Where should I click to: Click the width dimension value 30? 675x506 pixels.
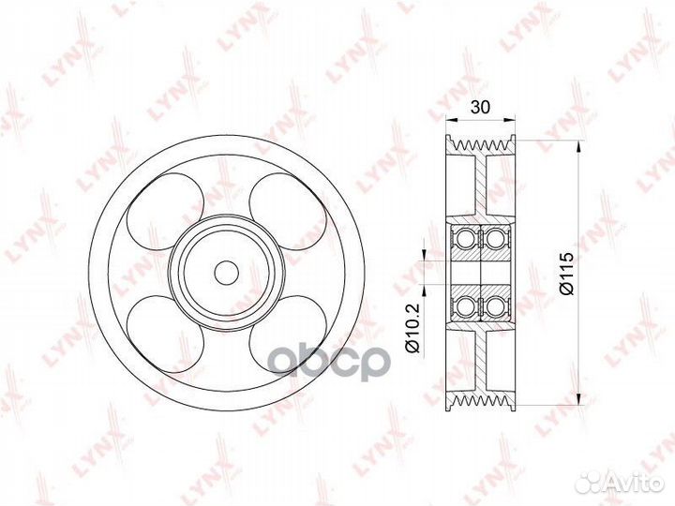coord(481,108)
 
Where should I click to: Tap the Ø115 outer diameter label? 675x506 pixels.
coord(565,272)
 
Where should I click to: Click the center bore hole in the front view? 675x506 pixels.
coord(226,272)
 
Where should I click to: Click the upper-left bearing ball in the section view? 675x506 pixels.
coord(467,238)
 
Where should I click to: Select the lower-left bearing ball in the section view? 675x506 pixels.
coord(467,305)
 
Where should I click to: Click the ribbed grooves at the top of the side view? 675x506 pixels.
coord(481,145)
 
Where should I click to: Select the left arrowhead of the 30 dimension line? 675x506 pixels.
coord(451,119)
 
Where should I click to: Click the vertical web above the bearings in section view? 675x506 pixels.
coord(481,187)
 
